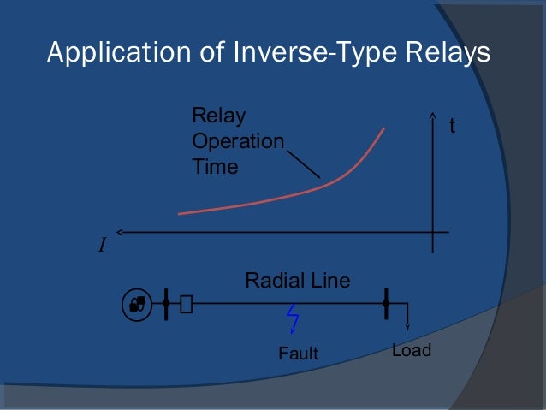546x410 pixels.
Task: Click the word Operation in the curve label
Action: click(x=238, y=140)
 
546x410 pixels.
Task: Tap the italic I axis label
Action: click(x=102, y=247)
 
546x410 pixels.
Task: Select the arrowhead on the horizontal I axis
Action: click(x=120, y=231)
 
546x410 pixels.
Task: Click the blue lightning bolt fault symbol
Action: click(x=293, y=320)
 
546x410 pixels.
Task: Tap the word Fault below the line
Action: click(x=299, y=352)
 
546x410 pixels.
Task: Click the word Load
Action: click(x=411, y=350)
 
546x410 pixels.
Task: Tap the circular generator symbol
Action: click(x=137, y=303)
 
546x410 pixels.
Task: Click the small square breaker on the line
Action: click(x=186, y=303)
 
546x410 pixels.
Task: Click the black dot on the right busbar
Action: click(x=387, y=303)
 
